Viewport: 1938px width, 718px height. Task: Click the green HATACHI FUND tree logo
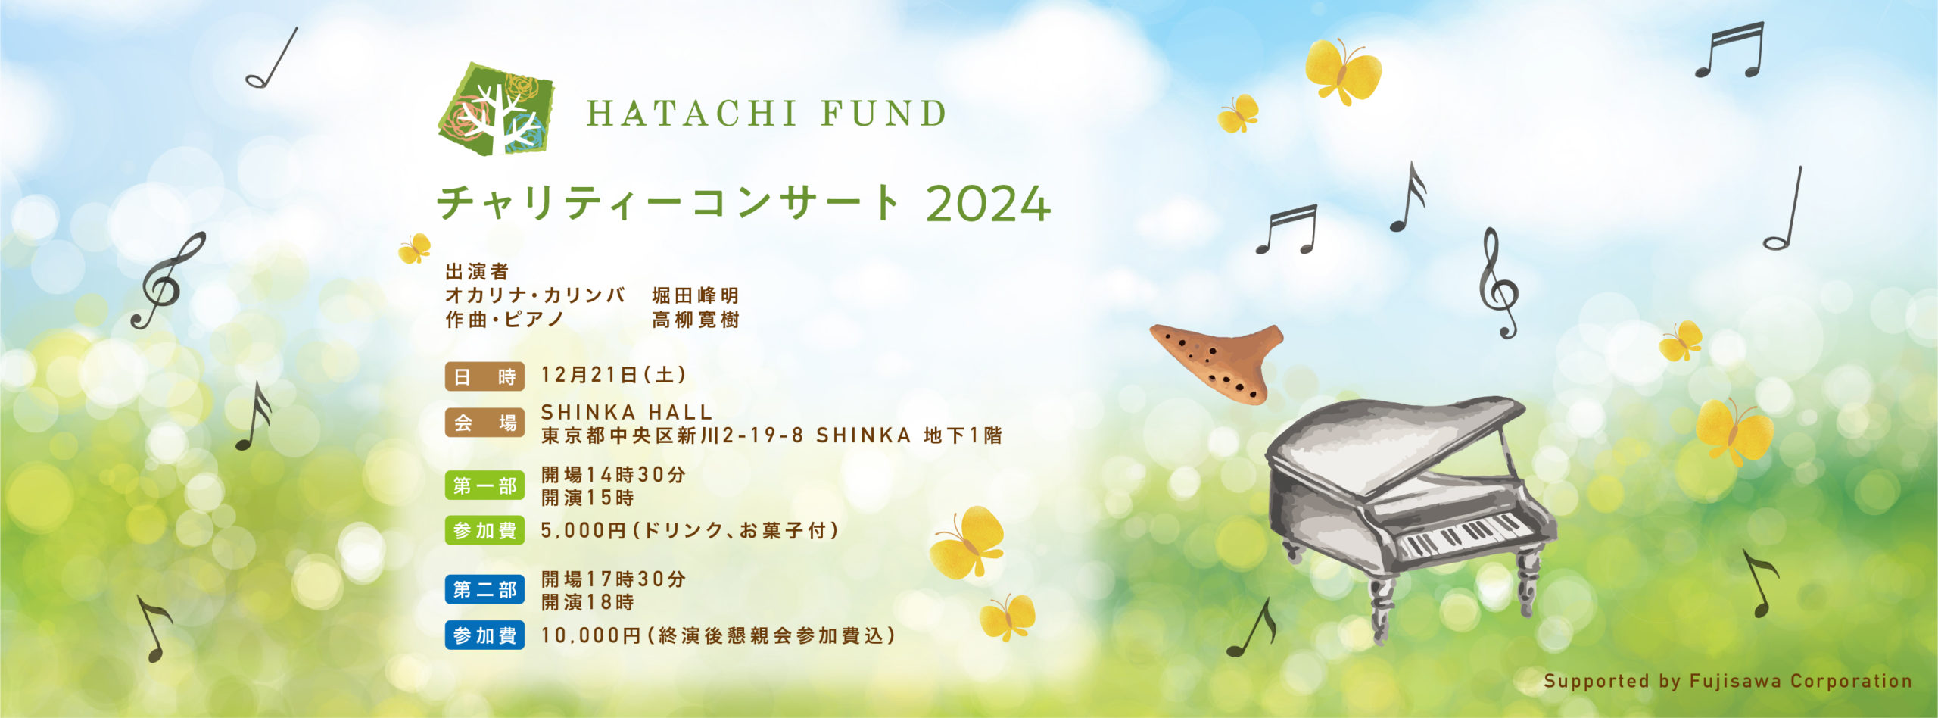(497, 109)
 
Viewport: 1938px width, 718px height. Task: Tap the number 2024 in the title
(988, 204)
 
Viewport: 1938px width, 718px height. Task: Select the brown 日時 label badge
(484, 376)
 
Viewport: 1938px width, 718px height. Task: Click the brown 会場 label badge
(484, 423)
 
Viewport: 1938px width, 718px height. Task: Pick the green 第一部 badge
(484, 485)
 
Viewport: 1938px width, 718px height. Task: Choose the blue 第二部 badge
(484, 589)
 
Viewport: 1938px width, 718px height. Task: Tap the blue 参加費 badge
(484, 635)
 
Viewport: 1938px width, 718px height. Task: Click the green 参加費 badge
(484, 531)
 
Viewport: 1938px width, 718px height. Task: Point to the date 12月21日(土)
(614, 374)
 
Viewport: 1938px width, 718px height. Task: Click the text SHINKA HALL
(627, 412)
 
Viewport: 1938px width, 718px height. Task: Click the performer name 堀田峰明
(695, 295)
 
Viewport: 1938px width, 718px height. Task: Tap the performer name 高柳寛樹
(695, 320)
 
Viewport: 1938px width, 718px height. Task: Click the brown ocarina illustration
(1217, 361)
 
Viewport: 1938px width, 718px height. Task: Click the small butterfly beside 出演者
(414, 248)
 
